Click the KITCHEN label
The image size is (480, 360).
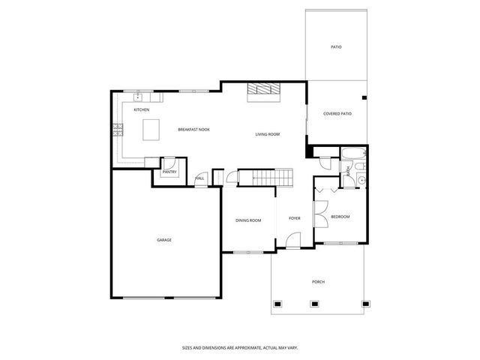(141, 110)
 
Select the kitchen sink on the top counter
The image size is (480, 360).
(142, 97)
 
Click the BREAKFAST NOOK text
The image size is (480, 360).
(193, 130)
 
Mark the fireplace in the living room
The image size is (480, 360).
(263, 90)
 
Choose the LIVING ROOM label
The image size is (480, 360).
(267, 134)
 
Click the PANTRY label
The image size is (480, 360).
(169, 172)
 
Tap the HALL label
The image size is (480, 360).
(200, 178)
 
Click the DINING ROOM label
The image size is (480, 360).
(248, 220)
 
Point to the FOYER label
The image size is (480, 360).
(295, 218)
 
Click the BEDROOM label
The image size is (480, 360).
(340, 217)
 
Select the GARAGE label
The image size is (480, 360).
(164, 240)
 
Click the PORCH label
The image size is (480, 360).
(319, 282)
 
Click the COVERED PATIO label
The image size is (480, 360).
(337, 114)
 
